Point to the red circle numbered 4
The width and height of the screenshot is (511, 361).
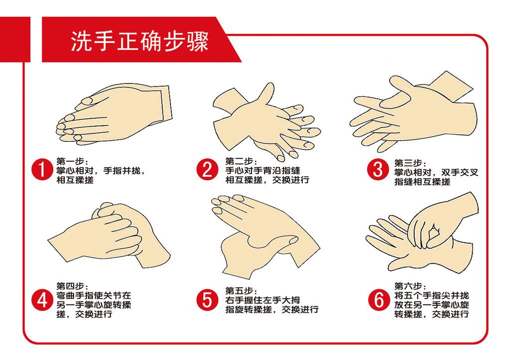click(42, 300)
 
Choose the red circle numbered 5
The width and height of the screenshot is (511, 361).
click(207, 300)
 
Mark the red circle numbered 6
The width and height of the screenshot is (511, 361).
click(378, 300)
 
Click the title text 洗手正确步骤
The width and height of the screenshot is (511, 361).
click(139, 41)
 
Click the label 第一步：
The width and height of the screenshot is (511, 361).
click(72, 162)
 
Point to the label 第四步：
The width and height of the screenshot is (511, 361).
click(72, 287)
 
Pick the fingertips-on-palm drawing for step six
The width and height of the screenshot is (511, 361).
click(424, 232)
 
